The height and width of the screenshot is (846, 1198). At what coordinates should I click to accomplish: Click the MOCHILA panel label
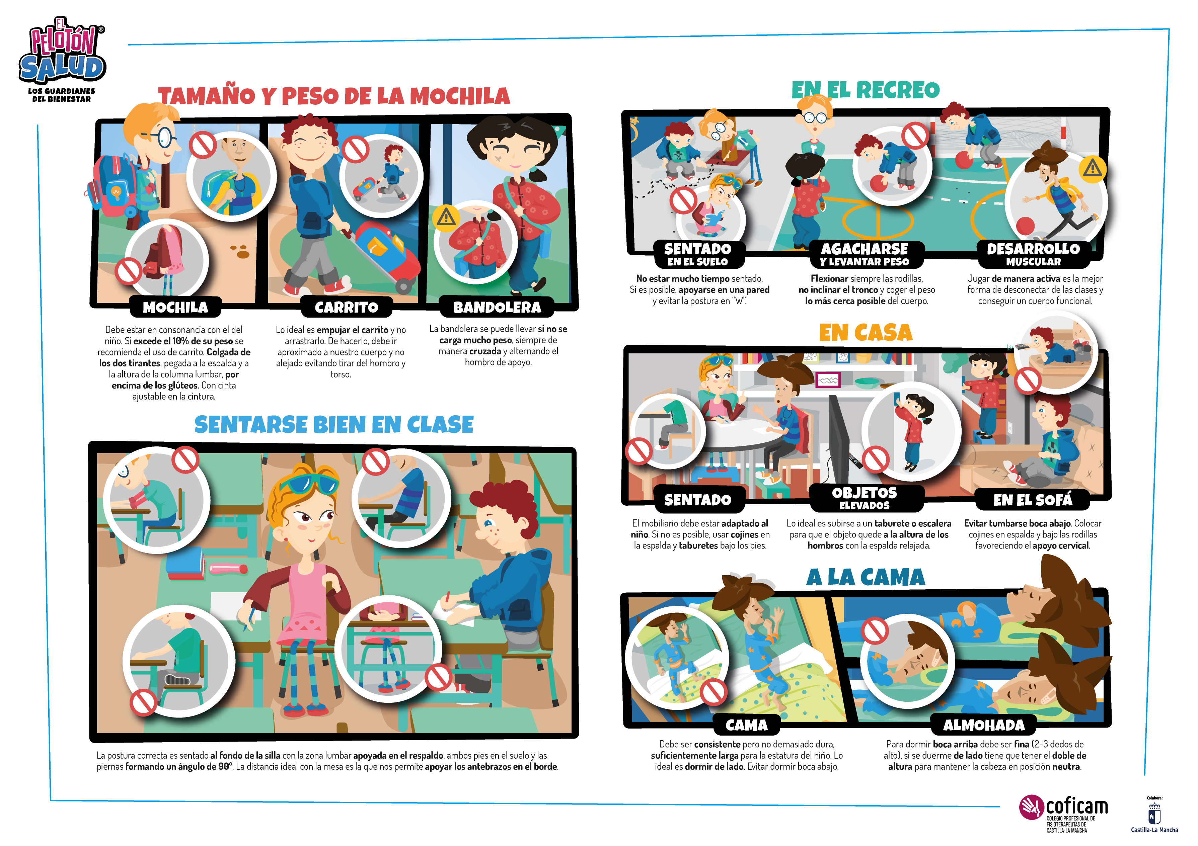(176, 307)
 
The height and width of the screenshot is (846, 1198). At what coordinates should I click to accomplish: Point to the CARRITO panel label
(347, 307)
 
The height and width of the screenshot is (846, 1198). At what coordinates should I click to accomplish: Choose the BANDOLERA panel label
(497, 307)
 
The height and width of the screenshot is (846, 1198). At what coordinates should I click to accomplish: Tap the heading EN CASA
(866, 333)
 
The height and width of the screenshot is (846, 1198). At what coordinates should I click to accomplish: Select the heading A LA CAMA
(866, 577)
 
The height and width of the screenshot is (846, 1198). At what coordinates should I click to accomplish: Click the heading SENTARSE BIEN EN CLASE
(334, 425)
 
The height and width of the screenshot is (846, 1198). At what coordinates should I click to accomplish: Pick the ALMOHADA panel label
(984, 725)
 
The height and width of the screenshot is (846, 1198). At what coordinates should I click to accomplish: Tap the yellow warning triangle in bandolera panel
(446, 217)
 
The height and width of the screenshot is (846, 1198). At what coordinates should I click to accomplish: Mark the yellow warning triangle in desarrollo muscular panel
(1092, 168)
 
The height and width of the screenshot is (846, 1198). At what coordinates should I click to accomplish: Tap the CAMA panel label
(747, 725)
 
